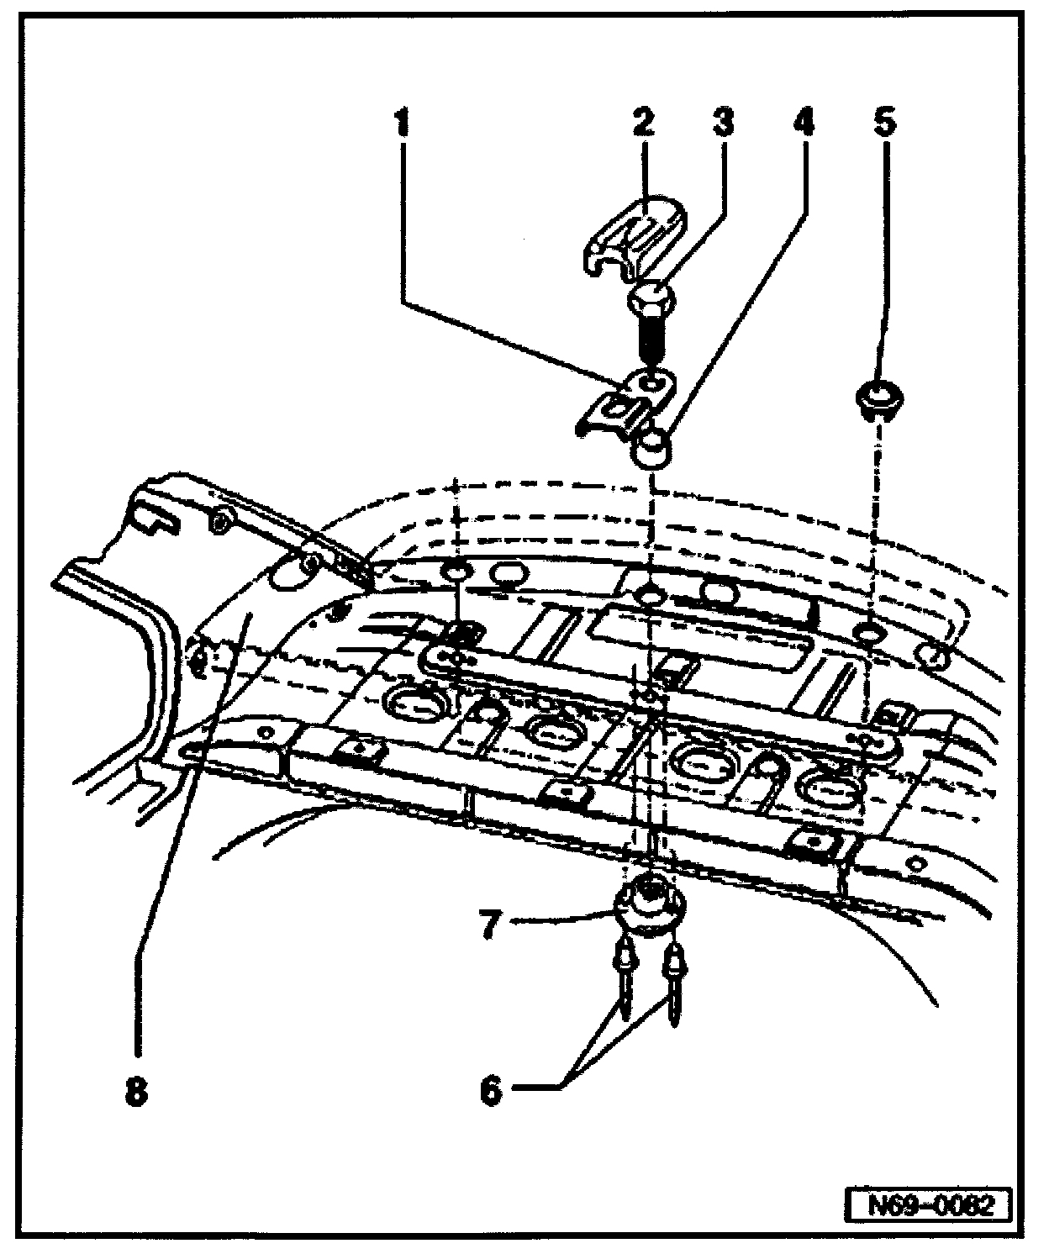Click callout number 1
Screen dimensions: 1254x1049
(x=403, y=124)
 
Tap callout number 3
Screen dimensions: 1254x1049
(x=722, y=124)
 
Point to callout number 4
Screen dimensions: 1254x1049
(x=802, y=124)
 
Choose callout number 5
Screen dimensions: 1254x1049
(x=883, y=124)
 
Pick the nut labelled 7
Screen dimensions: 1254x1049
(x=649, y=904)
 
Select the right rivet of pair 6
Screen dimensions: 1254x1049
(x=674, y=975)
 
